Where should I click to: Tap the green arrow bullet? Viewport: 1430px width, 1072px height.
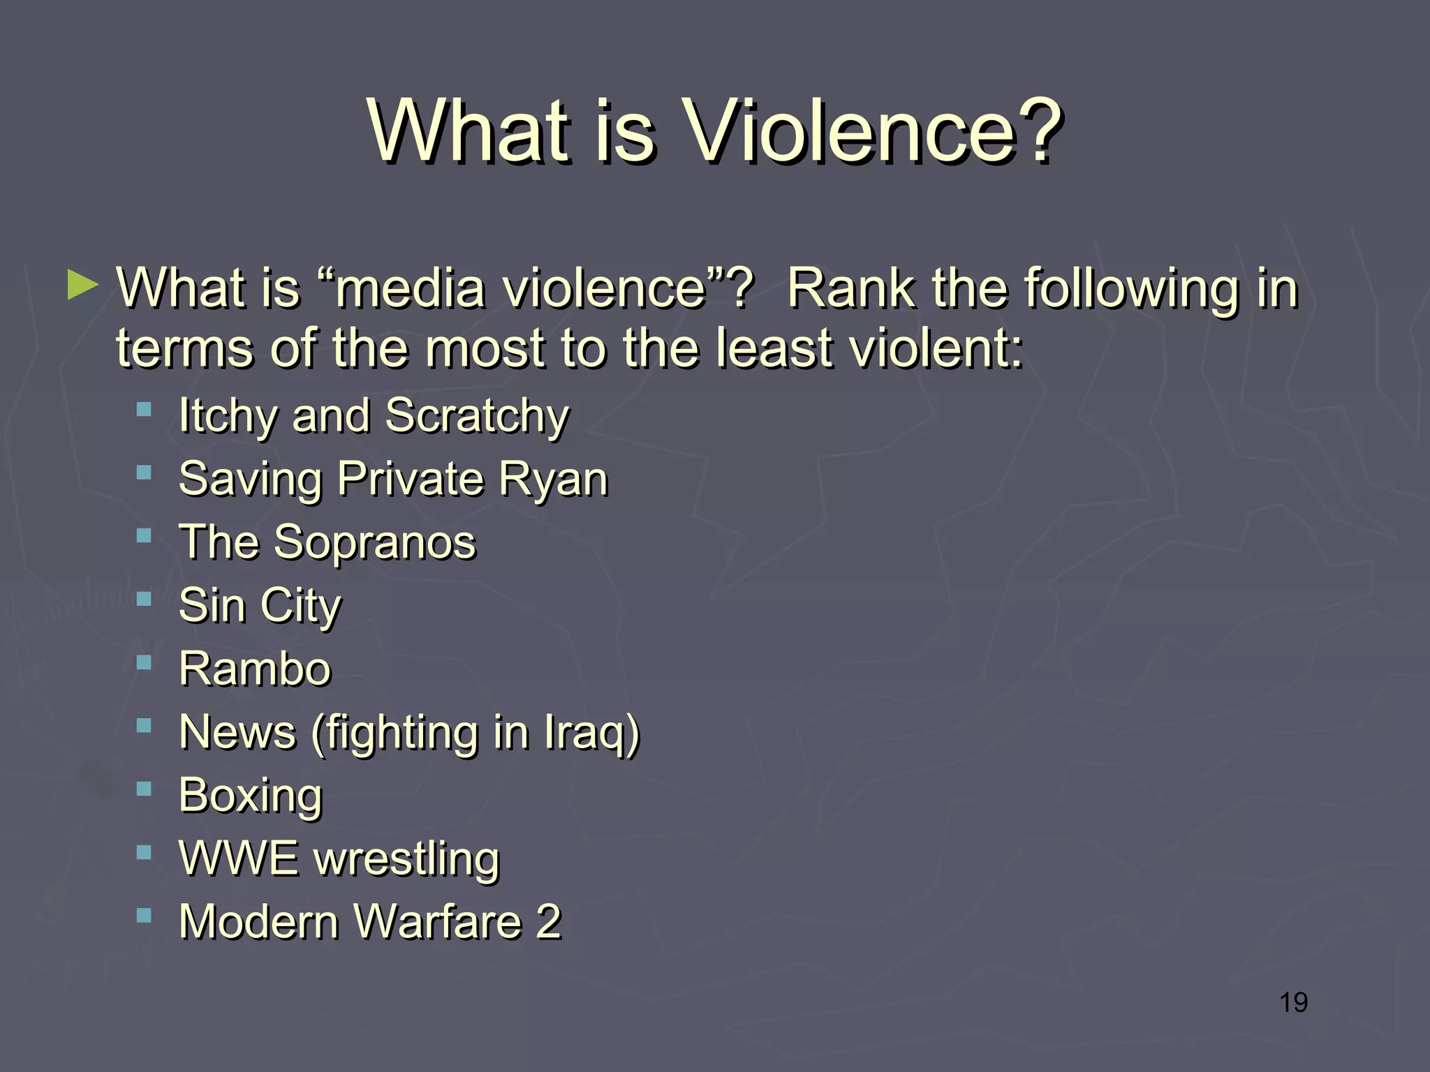coord(83,286)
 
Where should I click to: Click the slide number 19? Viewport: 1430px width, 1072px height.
coord(1293,1002)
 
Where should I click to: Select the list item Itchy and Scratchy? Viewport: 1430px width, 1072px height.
coord(374,416)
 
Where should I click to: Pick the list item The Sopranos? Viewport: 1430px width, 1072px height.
coord(327,542)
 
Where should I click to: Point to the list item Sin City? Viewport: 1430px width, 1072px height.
coord(260,605)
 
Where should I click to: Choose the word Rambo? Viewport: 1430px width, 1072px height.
coord(255,669)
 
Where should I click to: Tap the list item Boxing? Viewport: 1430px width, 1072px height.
coord(251,795)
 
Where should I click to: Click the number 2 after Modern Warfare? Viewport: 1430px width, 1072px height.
coord(549,921)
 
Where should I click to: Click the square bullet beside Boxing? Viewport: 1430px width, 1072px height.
coord(144,789)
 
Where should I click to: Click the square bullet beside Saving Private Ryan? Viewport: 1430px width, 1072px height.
coord(144,472)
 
